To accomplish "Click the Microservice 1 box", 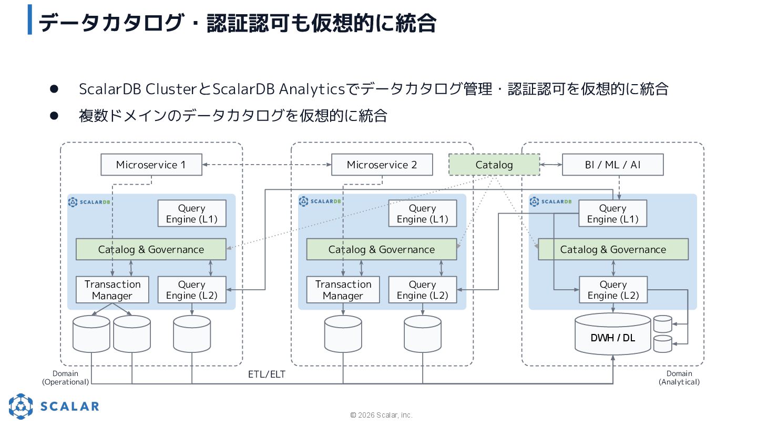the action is tap(151, 165).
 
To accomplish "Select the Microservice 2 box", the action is tap(382, 165).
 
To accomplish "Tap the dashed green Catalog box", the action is tap(494, 165).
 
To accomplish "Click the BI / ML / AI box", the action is tap(613, 165).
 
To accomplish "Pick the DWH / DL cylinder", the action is tap(613, 334).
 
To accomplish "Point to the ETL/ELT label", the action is tap(267, 374).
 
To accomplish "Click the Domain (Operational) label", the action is tap(65, 378).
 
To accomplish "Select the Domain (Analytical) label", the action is tap(679, 378).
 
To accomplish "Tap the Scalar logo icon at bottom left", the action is tap(21, 406).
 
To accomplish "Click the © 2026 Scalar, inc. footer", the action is tap(381, 415).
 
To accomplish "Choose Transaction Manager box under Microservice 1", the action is tap(112, 290).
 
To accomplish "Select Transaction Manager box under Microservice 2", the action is tap(343, 290).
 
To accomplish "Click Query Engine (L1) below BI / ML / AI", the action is tap(613, 214).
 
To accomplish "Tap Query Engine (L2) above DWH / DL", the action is tap(613, 290).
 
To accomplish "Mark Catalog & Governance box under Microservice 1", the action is tap(151, 249).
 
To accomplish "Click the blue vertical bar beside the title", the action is tap(30, 19).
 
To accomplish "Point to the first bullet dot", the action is tap(54, 89).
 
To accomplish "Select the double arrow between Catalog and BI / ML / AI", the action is tap(551, 165).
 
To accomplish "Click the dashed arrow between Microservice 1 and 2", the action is tap(267, 165).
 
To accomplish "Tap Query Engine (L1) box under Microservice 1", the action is tap(192, 214).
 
